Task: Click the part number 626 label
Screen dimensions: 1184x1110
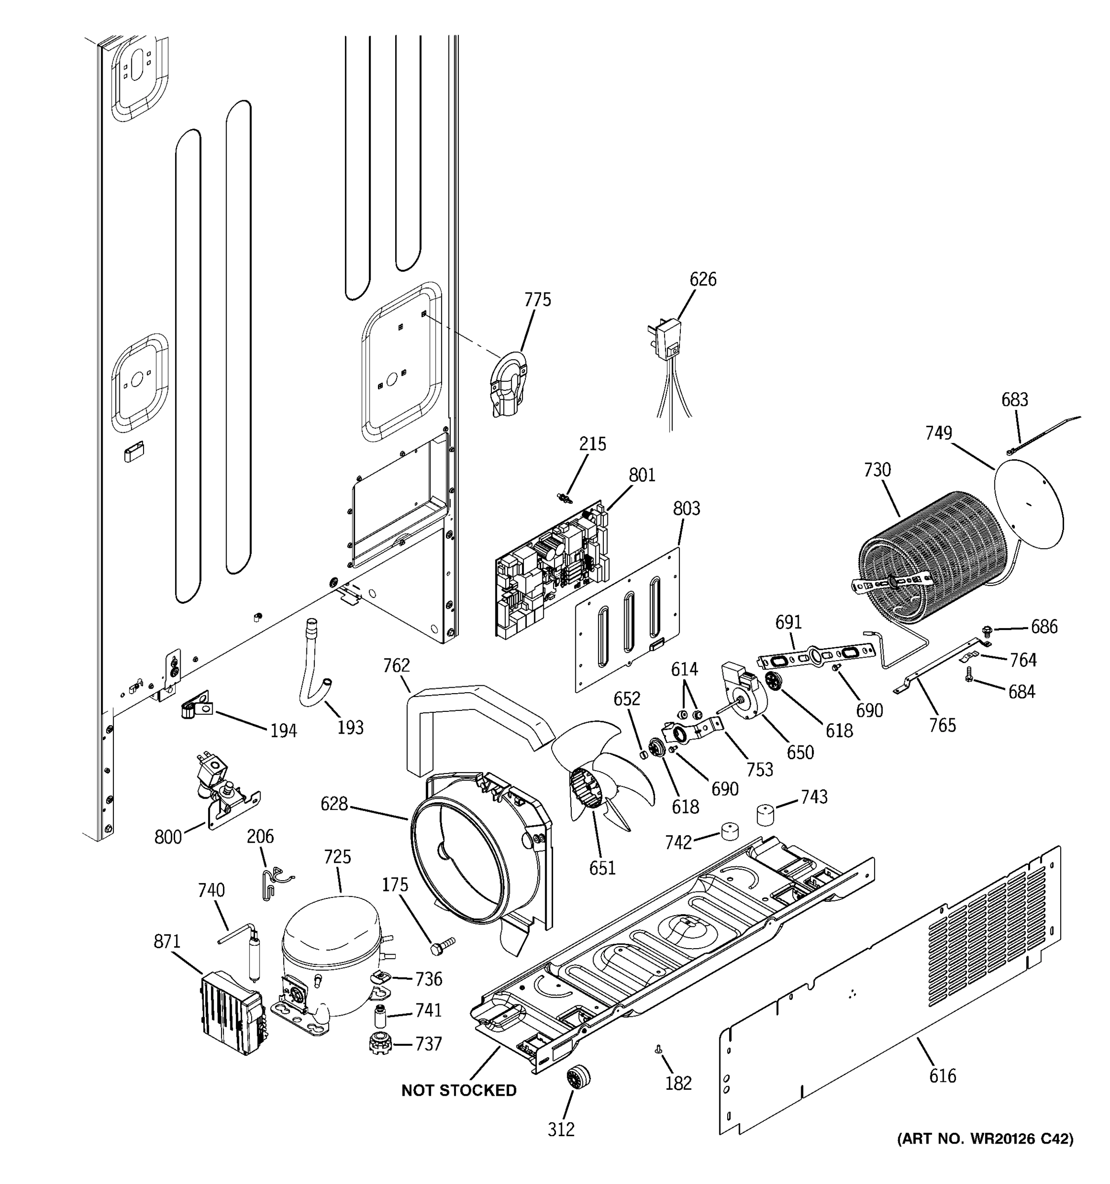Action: point(703,279)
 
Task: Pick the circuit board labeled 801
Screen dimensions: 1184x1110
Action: point(551,572)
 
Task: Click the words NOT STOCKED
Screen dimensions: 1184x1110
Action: point(458,1090)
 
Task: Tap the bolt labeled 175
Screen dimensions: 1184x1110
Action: point(442,946)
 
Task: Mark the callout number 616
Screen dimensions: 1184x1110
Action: point(942,1075)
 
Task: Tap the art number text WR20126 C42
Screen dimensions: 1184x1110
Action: point(986,1139)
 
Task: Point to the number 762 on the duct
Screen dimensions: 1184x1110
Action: point(397,665)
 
